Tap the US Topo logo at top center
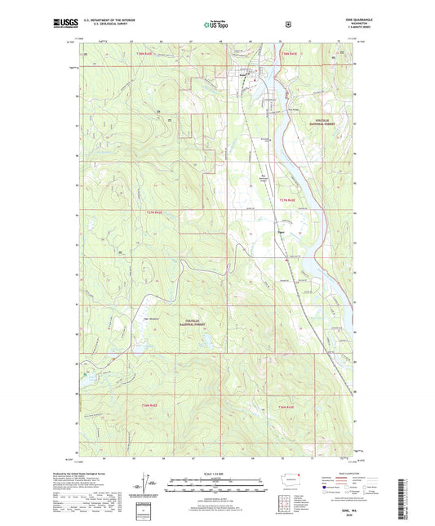pos(217,25)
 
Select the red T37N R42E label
pos(154,212)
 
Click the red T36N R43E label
pos(285,406)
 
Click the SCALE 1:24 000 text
pos(217,475)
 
